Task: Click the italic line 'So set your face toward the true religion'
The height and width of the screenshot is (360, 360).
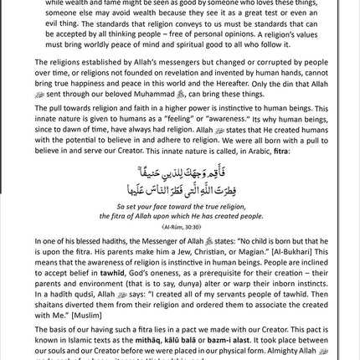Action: (x=179, y=207)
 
